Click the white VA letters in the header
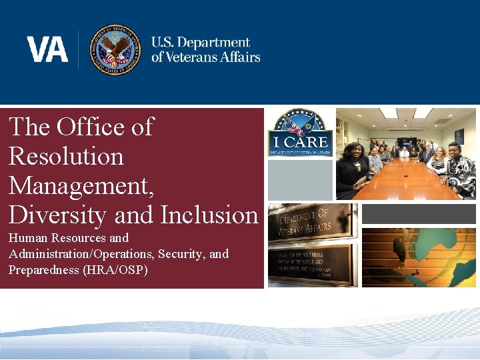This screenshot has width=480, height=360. (47, 49)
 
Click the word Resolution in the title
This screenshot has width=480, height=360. (66, 156)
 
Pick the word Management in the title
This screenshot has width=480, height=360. (81, 185)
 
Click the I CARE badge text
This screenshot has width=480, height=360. (299, 142)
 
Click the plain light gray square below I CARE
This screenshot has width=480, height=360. (299, 179)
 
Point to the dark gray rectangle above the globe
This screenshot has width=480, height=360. (419, 213)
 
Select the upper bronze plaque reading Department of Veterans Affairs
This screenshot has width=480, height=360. (311, 223)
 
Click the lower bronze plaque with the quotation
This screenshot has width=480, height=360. (311, 265)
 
